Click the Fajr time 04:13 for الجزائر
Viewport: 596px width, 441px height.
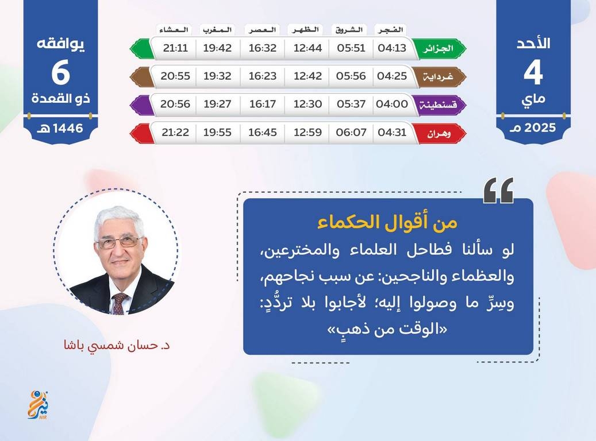(392, 48)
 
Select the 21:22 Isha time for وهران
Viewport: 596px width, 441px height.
(175, 133)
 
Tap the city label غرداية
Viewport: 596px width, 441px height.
(439, 76)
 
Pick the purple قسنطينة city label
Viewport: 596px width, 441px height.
(438, 105)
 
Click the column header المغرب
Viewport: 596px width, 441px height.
(217, 30)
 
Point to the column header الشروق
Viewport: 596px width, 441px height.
(349, 30)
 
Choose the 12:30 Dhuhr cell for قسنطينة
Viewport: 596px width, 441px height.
(307, 104)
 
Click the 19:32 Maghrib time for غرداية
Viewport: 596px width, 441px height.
(217, 76)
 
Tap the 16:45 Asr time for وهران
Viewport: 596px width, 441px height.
(262, 133)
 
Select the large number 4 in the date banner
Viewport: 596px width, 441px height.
(533, 73)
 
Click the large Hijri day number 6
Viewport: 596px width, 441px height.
(61, 73)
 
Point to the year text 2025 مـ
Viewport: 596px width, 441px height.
(533, 128)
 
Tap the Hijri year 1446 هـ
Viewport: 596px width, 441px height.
(60, 129)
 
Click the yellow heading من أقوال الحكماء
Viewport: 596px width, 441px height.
(387, 222)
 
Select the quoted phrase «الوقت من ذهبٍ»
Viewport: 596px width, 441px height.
(387, 328)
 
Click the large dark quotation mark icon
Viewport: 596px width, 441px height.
(498, 190)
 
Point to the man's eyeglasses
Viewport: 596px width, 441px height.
(120, 242)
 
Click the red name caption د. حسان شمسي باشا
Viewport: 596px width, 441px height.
(117, 346)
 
